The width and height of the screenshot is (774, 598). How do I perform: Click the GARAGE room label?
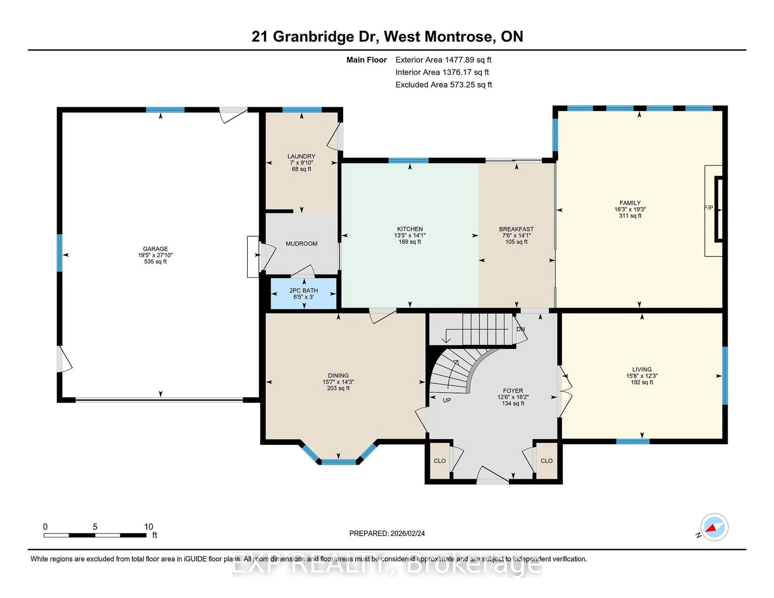[x=155, y=249]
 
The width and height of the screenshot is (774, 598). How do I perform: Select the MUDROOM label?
[x=302, y=244]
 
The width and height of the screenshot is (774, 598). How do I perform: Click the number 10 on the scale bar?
[x=149, y=527]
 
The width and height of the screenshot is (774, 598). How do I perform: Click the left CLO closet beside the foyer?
[x=439, y=461]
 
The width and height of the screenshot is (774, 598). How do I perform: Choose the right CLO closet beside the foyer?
[x=546, y=461]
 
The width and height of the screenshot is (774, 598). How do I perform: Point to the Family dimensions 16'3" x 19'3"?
[x=630, y=209]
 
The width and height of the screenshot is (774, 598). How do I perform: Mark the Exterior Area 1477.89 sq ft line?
[x=443, y=60]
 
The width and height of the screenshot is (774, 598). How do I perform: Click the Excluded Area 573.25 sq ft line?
[x=444, y=85]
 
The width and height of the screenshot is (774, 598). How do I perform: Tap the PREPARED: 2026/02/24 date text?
[x=387, y=534]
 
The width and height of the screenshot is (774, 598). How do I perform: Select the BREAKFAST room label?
[x=516, y=229]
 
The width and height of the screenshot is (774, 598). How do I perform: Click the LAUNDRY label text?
[x=301, y=156]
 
